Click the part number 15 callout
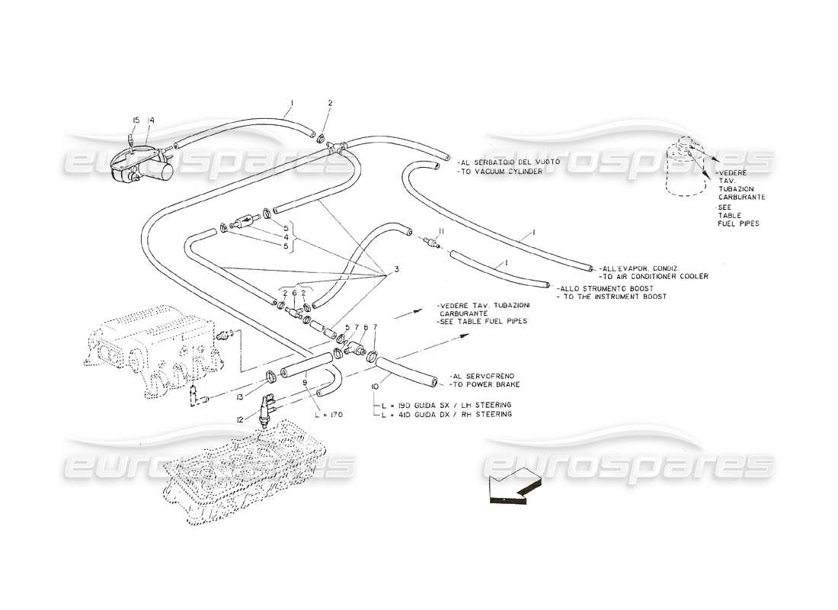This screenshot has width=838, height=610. click(x=136, y=120)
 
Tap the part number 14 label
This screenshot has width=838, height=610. click(x=151, y=120)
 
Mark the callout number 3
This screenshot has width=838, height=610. click(x=396, y=269)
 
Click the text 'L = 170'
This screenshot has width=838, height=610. click(x=329, y=414)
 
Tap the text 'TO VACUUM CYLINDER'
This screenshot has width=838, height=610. click(x=501, y=172)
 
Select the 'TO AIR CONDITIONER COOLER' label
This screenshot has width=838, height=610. click(x=655, y=276)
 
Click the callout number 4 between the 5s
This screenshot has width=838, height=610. click(x=286, y=236)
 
